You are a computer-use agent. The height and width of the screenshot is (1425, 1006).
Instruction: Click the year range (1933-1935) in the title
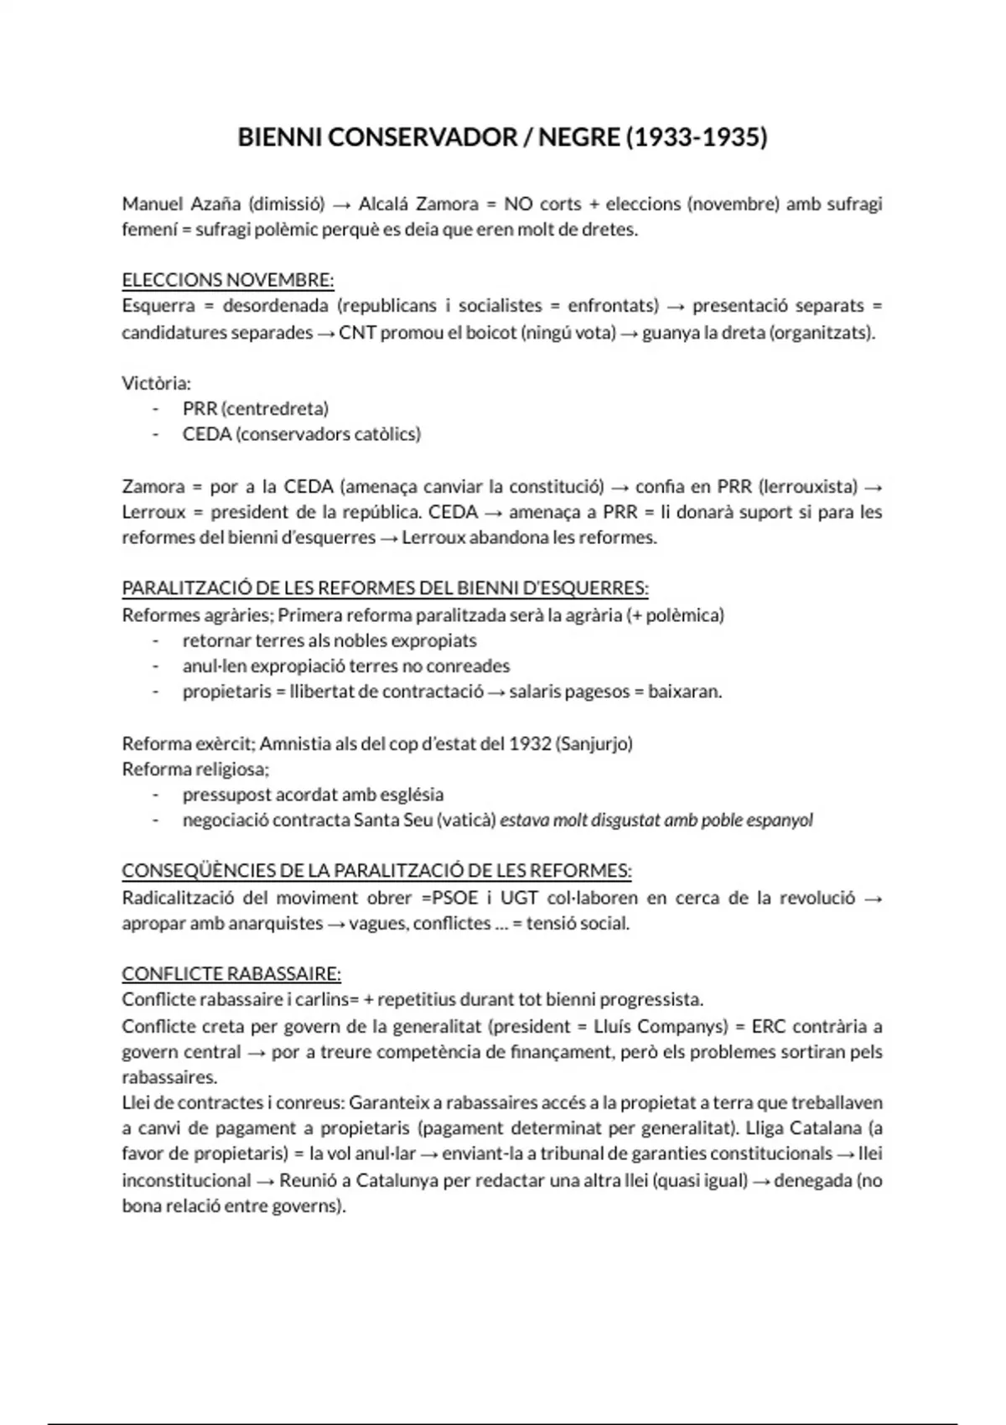point(696,137)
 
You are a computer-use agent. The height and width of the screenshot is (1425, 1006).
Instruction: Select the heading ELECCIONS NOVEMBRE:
point(228,280)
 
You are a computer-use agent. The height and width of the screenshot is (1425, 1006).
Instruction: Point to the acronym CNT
point(357,333)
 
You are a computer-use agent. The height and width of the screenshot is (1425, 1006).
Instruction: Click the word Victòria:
point(157,383)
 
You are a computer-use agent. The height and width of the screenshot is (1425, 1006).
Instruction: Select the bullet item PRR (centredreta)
point(255,409)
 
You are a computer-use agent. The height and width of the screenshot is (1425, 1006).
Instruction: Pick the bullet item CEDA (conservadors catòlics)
point(301,434)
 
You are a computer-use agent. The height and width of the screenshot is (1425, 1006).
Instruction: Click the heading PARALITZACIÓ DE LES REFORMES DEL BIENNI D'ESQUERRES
point(385,588)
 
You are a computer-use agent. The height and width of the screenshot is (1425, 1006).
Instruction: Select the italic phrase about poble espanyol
point(656,820)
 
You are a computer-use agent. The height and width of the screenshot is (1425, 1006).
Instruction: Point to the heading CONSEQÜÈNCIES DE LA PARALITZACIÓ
point(376,871)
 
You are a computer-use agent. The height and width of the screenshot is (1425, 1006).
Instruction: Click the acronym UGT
point(519,898)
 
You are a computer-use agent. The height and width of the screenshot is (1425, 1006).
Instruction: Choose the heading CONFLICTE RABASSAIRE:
point(231,974)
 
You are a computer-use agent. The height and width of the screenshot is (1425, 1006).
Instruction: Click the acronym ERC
point(767,1026)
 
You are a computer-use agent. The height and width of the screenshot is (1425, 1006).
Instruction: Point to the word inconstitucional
point(186,1181)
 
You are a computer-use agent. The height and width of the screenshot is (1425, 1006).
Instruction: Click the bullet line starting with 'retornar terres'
point(329,641)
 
